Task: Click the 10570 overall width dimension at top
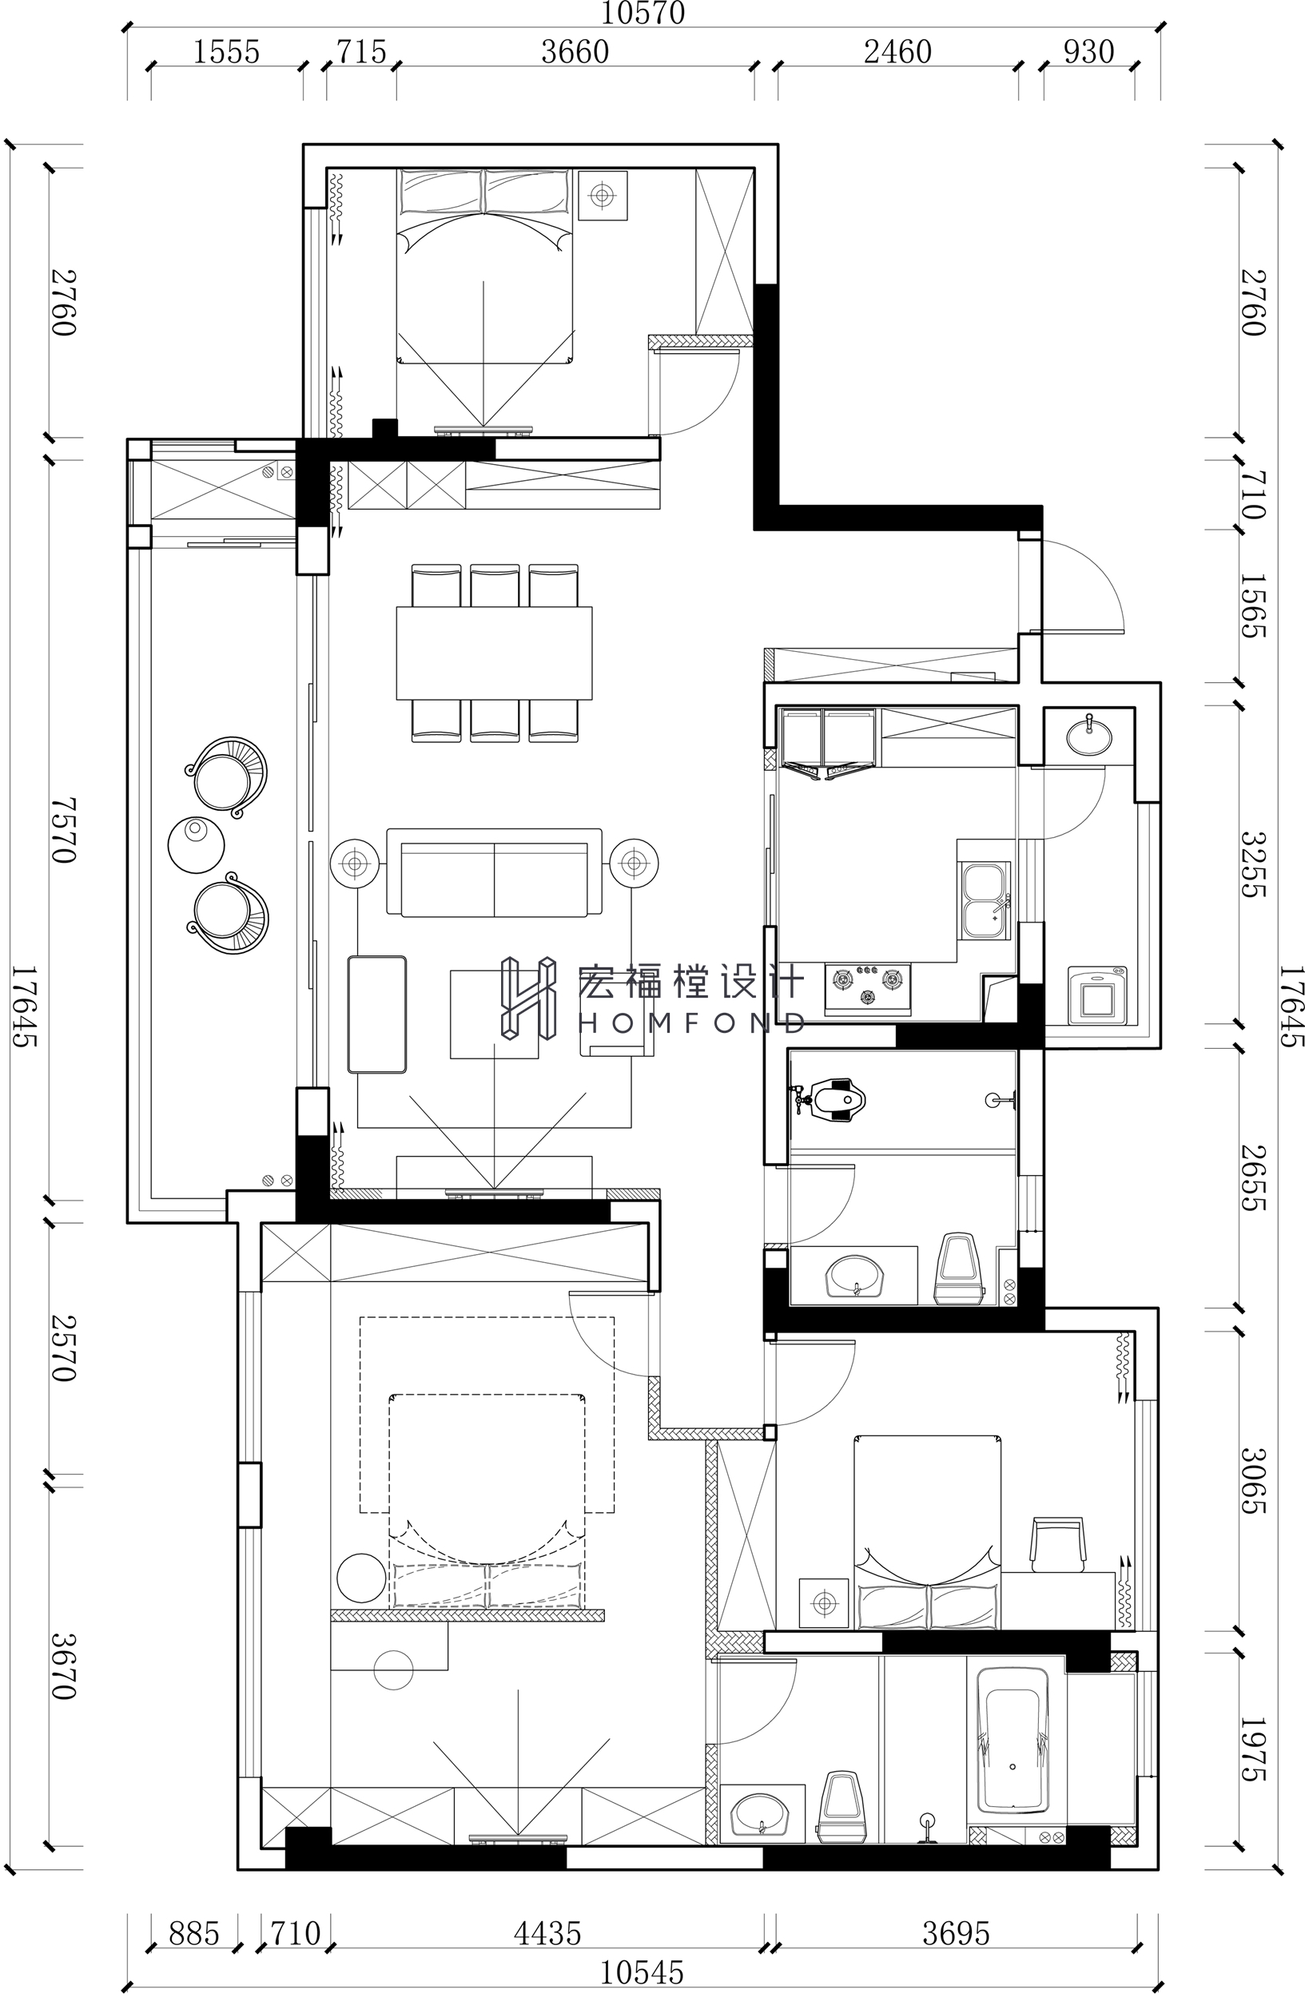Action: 643,13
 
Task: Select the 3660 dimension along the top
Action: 575,52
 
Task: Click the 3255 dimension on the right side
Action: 1253,864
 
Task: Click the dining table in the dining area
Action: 495,653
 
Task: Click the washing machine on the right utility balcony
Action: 1098,995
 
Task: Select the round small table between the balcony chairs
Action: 197,844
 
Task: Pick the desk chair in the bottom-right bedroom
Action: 1058,1543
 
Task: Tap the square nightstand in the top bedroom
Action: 602,196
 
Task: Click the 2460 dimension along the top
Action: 898,52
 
